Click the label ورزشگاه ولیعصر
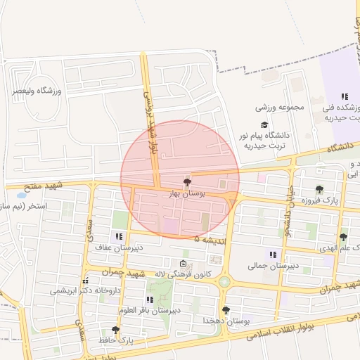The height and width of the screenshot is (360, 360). point(37,91)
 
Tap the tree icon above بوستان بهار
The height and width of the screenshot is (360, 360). point(186,181)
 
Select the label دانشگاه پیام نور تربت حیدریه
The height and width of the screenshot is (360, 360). point(268,139)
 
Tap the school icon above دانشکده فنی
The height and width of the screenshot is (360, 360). point(345,96)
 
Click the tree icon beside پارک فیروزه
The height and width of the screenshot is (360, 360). point(319,189)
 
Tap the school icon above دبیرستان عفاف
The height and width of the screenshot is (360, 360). point(117,236)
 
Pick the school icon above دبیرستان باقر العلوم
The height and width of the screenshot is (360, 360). point(149,300)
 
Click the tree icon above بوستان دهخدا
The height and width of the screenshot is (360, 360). point(226,309)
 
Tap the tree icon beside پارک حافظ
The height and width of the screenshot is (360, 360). point(115,329)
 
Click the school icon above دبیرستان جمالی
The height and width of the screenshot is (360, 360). point(273,255)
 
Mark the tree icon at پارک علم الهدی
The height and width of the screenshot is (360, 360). point(343,237)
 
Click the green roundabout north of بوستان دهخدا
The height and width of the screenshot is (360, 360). point(224,282)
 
